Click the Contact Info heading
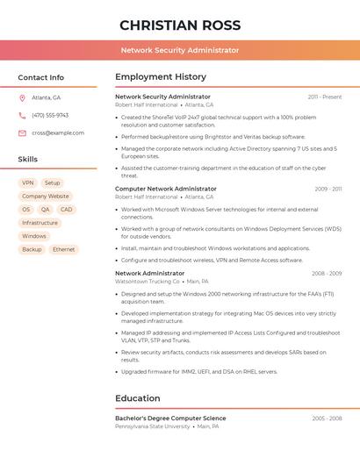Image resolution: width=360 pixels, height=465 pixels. [40, 77]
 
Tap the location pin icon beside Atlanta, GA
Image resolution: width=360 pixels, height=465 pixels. [22, 97]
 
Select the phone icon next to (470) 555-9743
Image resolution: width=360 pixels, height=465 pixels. [22, 115]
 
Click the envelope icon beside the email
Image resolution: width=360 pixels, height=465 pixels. [22, 133]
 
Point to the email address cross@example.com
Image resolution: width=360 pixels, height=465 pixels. [58, 133]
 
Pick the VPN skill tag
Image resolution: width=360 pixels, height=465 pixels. [28, 183]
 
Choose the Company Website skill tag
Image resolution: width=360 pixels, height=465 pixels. [45, 197]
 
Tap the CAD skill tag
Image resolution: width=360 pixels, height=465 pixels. [66, 210]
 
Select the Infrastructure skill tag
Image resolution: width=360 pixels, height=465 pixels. [40, 223]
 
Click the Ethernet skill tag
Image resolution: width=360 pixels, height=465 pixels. [63, 249]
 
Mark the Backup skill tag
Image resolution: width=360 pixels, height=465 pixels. [32, 249]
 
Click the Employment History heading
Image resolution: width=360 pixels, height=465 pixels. [161, 77]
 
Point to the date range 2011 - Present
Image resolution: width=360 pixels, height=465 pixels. [325, 97]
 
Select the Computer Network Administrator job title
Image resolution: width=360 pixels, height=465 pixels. [166, 189]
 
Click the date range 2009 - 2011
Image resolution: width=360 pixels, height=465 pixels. [328, 189]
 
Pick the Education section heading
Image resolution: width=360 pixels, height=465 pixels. [138, 398]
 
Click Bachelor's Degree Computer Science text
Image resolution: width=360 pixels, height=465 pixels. [170, 418]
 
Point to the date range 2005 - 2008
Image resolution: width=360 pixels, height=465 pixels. [327, 418]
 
